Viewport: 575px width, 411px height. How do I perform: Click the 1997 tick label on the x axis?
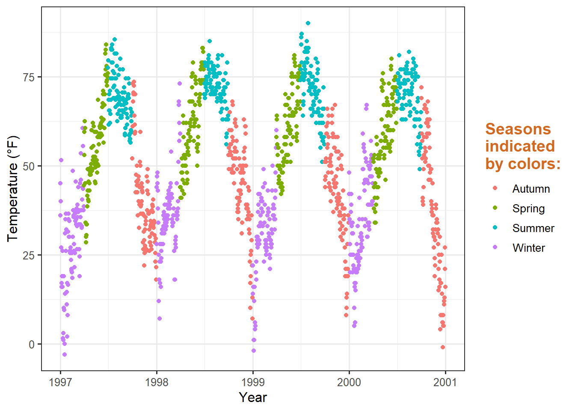60,382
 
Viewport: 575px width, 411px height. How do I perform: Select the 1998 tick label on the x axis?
157,382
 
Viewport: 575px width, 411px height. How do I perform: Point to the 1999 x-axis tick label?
253,382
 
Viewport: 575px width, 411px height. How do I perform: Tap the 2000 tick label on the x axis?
349,382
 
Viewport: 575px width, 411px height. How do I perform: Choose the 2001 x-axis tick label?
445,382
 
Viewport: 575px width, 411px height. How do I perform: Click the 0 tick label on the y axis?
32,344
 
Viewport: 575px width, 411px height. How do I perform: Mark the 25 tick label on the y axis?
29,255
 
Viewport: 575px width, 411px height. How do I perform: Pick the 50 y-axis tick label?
29,166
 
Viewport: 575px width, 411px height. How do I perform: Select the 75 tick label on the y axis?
29,77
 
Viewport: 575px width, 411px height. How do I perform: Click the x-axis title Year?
253,397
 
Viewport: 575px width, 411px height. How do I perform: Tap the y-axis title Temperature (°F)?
13,189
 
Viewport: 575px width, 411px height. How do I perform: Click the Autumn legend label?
531,189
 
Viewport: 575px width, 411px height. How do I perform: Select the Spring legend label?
528,208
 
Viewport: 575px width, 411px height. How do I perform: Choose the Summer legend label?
533,228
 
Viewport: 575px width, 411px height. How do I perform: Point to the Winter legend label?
529,248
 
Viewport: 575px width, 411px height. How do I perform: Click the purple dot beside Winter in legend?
495,247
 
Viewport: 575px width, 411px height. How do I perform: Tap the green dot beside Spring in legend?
495,208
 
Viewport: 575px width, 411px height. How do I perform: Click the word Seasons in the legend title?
518,129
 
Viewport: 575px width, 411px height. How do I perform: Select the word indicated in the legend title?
520,146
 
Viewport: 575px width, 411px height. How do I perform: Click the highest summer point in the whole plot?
308,24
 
